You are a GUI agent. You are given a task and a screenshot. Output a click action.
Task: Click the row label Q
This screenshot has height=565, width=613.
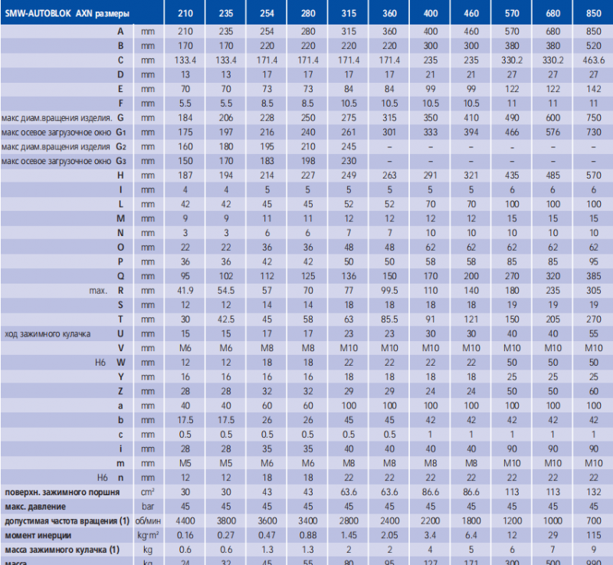120,276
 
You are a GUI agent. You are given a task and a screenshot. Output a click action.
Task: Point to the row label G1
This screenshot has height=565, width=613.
120,132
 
